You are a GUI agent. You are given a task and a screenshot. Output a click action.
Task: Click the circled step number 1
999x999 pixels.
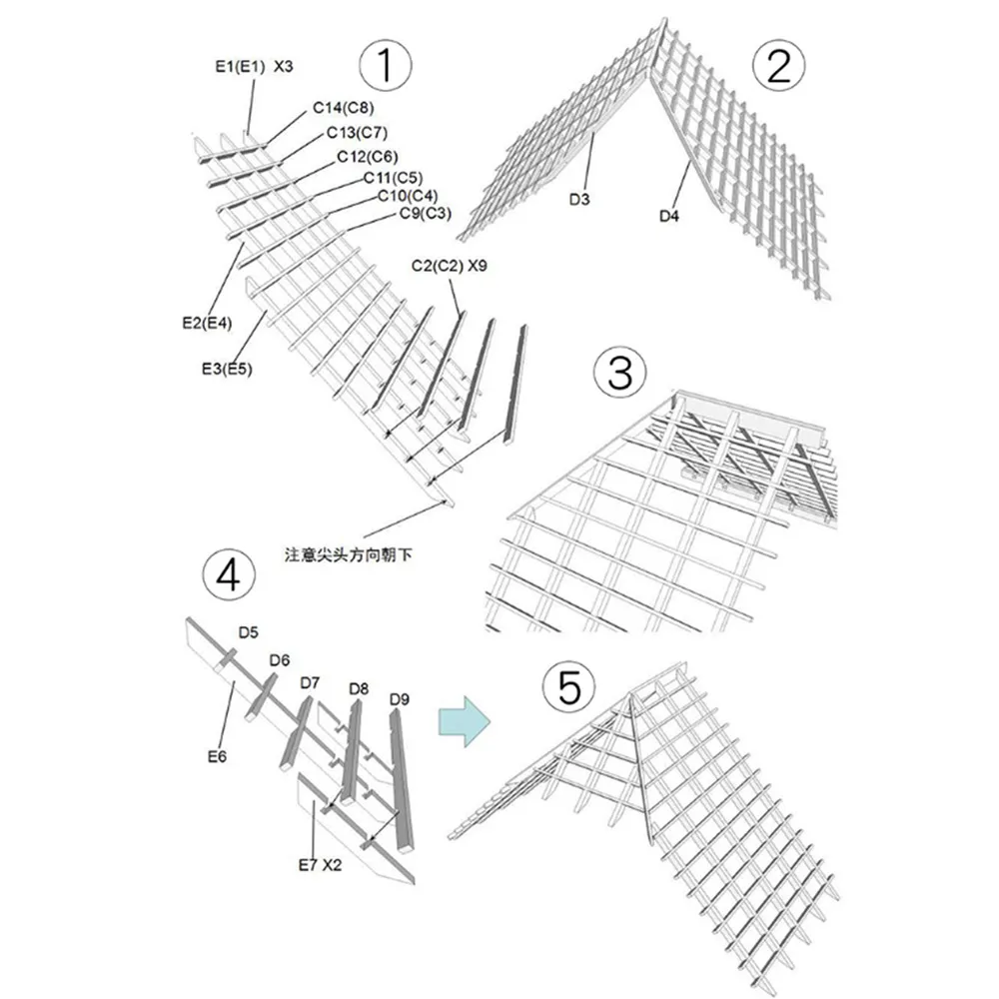coord(386,65)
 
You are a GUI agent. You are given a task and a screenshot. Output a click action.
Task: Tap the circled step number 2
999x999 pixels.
coord(778,66)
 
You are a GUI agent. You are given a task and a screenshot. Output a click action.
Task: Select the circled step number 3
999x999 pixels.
coord(620,373)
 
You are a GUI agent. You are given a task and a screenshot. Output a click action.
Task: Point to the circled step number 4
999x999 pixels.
coord(229,575)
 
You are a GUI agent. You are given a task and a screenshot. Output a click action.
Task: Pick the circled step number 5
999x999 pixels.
coord(569,688)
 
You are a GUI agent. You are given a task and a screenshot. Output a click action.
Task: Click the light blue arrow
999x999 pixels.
coord(465,722)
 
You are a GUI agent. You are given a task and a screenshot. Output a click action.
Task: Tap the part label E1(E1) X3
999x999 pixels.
coord(254,66)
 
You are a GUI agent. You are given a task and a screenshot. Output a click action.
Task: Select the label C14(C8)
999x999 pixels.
coord(344,108)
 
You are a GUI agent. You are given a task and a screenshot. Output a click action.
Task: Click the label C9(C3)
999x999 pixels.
coord(425,213)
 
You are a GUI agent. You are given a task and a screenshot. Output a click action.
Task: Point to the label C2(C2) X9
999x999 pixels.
coord(450,266)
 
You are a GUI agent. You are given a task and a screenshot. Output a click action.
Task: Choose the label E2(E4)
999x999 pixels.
coord(207,323)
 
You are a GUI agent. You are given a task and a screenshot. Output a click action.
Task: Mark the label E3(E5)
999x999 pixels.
coord(227,369)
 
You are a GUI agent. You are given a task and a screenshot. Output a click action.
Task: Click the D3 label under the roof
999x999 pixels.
coord(579,200)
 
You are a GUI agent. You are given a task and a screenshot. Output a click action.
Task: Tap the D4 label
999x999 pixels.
coord(669,216)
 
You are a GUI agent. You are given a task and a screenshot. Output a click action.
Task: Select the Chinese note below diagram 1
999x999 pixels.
coord(348,554)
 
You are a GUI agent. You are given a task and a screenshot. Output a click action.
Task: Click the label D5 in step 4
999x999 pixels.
coord(249,632)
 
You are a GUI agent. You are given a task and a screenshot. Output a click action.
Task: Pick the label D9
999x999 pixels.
coord(400,699)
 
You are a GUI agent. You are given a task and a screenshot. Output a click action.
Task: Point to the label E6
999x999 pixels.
coord(217,756)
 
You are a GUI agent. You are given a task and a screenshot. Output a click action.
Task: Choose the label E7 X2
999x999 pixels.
coord(320,864)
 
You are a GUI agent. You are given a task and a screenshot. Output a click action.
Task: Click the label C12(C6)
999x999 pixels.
coord(368,156)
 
